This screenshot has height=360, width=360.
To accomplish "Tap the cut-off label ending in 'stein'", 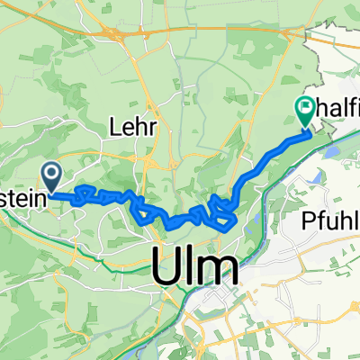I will coord(21,193).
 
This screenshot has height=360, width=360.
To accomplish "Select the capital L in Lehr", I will coord(116,129).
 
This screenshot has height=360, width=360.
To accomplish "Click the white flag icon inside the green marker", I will coord(304,109).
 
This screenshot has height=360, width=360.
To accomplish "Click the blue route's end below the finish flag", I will coord(309,132).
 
